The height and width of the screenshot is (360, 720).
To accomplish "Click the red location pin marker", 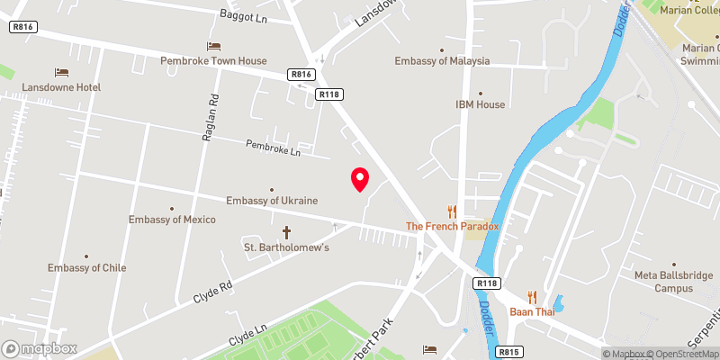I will (x=359, y=179).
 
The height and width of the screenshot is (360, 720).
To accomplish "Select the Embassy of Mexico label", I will (x=168, y=220).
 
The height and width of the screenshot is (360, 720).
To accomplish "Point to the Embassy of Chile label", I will (x=87, y=267).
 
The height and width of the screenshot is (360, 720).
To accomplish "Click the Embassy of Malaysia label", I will (x=442, y=61).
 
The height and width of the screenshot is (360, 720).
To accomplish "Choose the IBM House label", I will (x=480, y=104).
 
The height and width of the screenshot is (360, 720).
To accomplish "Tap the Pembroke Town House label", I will (x=213, y=60).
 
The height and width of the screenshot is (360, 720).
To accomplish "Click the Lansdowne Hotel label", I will (x=62, y=87).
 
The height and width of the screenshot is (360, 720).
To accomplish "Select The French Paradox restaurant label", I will (x=453, y=226).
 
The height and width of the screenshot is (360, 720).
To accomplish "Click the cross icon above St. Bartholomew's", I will (x=288, y=231).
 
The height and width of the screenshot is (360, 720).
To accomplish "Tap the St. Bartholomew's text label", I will (x=288, y=247).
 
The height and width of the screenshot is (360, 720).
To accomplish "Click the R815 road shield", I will (x=510, y=352).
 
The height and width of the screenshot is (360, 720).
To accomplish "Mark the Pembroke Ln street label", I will (x=272, y=148).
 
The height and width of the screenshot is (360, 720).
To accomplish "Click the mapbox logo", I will (x=40, y=349).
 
